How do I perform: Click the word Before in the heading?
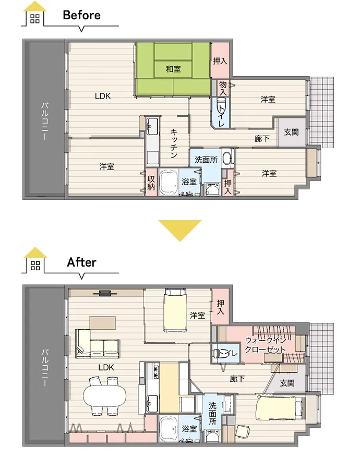point(81,15)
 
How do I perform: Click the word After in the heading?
point(81,262)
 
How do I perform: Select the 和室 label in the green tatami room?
point(173,69)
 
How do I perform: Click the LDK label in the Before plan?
point(103,96)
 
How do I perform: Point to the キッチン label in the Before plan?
point(174,143)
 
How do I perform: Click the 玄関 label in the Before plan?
point(291,132)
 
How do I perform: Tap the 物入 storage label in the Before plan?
point(223,88)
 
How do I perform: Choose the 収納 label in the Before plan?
point(151,183)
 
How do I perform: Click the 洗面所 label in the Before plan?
point(206,160)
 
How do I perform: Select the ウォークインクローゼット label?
point(266,344)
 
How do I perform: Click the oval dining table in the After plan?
point(105,396)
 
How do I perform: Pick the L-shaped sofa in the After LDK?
point(98,344)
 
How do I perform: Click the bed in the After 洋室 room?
point(175,310)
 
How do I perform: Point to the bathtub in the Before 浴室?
point(168,183)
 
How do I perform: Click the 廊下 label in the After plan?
point(237,379)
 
